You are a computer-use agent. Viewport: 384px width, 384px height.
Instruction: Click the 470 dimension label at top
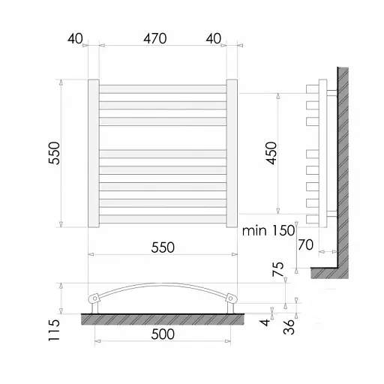point(155,38)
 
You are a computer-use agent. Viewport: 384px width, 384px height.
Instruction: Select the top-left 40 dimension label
point(75,38)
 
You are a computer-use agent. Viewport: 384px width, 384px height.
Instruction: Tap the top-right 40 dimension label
point(214,38)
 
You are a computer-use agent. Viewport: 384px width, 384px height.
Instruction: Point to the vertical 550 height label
point(54,153)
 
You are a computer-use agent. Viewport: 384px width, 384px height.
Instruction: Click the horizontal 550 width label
point(163,247)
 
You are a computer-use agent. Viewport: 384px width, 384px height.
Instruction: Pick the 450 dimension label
point(271,153)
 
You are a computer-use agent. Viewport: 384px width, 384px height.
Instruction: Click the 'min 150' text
point(268,230)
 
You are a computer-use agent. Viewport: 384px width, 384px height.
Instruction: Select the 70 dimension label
point(305,244)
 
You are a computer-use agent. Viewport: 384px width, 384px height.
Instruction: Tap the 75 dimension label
point(278,269)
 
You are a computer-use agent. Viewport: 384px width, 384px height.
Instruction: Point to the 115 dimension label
point(54,330)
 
